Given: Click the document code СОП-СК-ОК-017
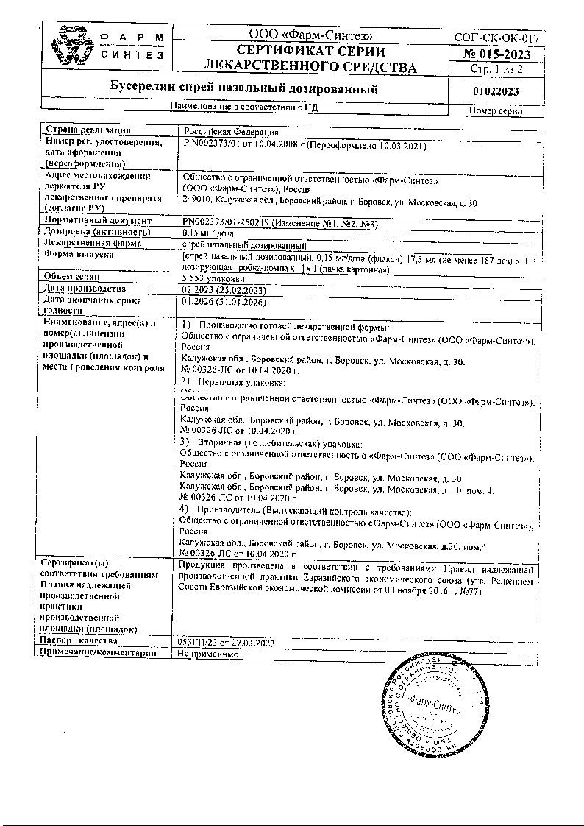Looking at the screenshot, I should coord(498,38).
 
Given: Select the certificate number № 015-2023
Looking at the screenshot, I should coord(498,54).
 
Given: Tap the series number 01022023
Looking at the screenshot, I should coord(498,91).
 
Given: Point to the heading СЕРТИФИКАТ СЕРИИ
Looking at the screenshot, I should coord(310,52).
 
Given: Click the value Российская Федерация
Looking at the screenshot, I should coord(224,130).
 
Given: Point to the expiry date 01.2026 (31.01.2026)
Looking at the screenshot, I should coord(223,301).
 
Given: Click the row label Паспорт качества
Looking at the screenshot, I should coord(81,641).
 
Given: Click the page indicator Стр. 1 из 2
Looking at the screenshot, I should coord(498,69).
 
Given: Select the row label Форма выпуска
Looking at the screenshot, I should coord(78,255).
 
